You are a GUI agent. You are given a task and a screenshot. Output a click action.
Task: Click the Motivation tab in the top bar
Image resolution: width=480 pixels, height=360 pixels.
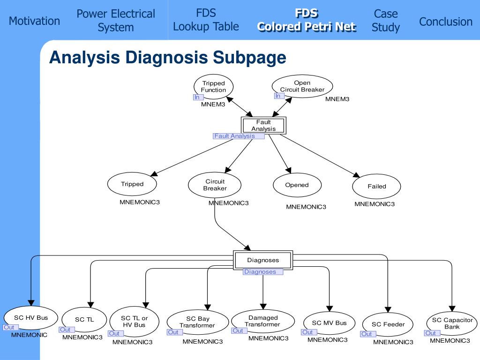pyautogui.click(x=34, y=21)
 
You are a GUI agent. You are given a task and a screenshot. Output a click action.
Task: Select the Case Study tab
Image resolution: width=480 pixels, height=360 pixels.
pyautogui.click(x=386, y=20)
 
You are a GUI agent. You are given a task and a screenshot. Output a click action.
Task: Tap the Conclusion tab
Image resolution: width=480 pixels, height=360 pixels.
pyautogui.click(x=446, y=22)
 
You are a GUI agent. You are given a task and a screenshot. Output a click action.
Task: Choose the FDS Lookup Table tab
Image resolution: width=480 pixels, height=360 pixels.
pyautogui.click(x=206, y=20)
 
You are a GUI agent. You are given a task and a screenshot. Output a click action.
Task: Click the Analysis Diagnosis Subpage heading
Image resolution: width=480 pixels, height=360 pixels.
pyautogui.click(x=168, y=57)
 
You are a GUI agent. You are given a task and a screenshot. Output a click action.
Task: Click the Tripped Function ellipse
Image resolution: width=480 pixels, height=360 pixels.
pyautogui.click(x=213, y=87)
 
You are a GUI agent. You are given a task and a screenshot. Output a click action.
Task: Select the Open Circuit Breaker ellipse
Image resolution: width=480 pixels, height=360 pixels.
pyautogui.click(x=302, y=86)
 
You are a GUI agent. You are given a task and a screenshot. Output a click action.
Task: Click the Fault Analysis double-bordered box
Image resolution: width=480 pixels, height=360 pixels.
pyautogui.click(x=263, y=126)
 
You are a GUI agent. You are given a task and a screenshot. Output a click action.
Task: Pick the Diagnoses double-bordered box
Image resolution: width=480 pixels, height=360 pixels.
pyautogui.click(x=263, y=260)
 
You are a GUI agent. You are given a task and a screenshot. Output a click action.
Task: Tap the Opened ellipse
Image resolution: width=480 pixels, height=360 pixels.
pyautogui.click(x=297, y=185)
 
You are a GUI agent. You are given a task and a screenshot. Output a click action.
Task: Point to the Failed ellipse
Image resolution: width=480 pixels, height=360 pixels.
pyautogui.click(x=376, y=186)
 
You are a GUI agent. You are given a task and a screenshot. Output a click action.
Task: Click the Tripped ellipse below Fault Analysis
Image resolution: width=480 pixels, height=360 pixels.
pyautogui.click(x=132, y=184)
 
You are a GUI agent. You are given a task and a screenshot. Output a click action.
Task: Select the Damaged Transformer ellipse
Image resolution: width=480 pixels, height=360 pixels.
pyautogui.click(x=262, y=321)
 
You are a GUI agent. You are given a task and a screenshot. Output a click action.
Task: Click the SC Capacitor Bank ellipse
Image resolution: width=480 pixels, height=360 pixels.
pyautogui.click(x=452, y=323)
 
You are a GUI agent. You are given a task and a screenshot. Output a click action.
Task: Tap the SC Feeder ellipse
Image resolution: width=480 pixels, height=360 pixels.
pyautogui.click(x=388, y=324)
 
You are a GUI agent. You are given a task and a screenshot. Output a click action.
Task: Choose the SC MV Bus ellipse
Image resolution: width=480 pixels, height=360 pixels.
pyautogui.click(x=329, y=323)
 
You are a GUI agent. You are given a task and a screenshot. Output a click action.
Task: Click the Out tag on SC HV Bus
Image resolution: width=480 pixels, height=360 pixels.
pyautogui.click(x=10, y=327)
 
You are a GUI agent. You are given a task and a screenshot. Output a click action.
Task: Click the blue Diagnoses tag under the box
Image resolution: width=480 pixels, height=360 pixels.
pyautogui.click(x=263, y=271)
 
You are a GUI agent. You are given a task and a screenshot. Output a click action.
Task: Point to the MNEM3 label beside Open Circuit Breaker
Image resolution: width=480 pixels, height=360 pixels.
pyautogui.click(x=337, y=99)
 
